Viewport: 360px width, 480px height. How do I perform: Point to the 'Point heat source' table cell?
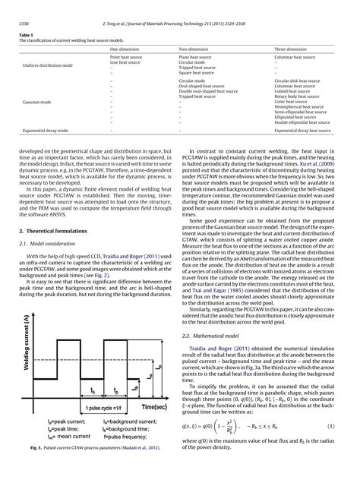coord(125,56)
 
